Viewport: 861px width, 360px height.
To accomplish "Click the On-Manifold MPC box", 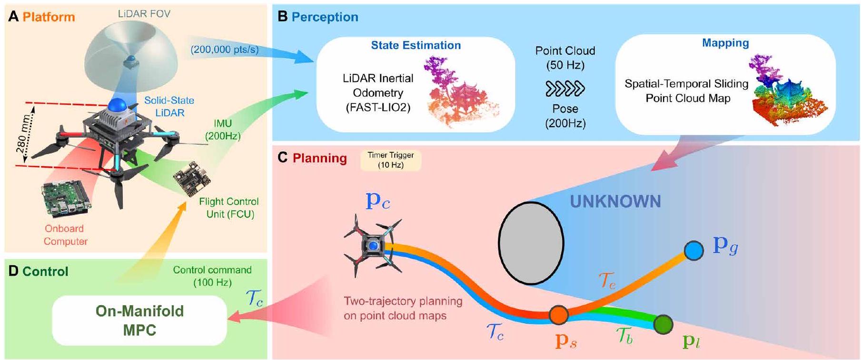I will [139, 320].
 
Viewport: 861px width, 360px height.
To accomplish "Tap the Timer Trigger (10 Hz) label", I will [391, 160].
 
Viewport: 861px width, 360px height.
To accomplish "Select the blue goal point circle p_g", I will [693, 250].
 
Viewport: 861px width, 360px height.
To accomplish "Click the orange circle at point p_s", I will [558, 314].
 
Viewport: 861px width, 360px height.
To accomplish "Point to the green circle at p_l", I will [663, 324].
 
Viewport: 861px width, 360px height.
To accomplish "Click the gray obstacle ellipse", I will [531, 243].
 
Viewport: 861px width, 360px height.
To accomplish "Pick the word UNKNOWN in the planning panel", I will [615, 201].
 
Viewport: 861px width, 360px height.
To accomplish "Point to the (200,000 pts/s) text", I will [225, 50].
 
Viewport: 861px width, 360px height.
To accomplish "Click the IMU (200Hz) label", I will [223, 130].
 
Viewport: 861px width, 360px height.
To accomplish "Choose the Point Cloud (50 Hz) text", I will [565, 58].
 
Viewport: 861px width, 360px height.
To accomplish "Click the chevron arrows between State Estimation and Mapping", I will [565, 88].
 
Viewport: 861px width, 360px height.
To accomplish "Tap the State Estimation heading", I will [416, 45].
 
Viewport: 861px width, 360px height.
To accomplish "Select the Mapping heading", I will [725, 43].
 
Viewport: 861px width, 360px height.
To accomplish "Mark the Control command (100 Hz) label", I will [212, 276].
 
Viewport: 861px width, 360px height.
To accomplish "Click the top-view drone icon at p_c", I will [373, 246].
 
